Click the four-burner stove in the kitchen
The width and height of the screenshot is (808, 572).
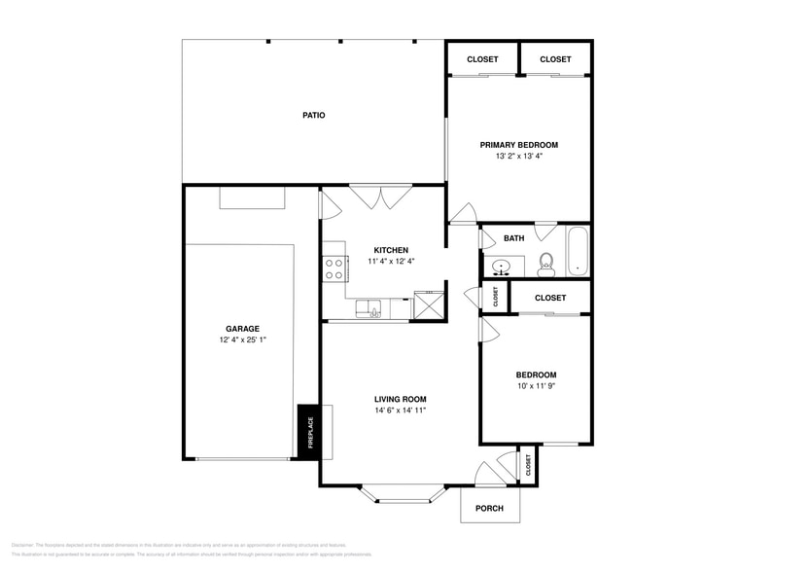(x=334, y=268)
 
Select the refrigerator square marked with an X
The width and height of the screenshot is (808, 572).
(x=427, y=304)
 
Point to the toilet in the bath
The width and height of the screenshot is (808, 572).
(x=545, y=264)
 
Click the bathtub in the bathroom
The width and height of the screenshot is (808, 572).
(x=578, y=251)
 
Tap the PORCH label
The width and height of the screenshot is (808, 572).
(x=489, y=508)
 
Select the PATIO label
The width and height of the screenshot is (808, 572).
(x=313, y=115)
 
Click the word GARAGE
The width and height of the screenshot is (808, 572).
(x=243, y=329)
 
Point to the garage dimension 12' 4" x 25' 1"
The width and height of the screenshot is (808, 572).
(x=243, y=340)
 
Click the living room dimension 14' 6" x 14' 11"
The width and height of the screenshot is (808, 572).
(x=401, y=411)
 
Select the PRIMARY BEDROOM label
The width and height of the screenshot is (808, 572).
(x=518, y=144)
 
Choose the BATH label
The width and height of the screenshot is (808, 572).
(x=513, y=237)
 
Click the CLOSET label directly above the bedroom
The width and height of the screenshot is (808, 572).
(x=550, y=298)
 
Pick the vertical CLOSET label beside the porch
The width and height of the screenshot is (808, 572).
(x=528, y=466)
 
